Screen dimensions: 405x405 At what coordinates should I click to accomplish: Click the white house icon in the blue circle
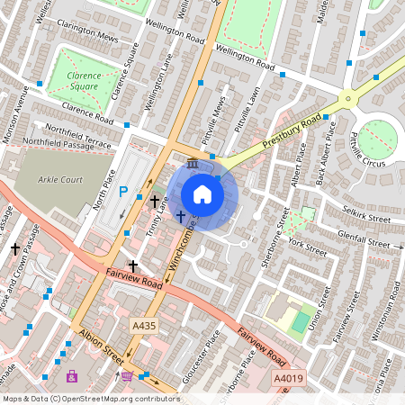point(202,194)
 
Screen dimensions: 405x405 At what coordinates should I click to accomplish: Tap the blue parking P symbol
point(124,191)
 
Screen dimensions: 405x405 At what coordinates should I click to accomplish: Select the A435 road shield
point(142,326)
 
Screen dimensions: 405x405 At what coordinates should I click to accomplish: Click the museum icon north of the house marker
point(194,163)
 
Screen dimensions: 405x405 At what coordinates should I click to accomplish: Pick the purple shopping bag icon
point(71,375)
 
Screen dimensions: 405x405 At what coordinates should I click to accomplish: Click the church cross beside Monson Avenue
point(14,247)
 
